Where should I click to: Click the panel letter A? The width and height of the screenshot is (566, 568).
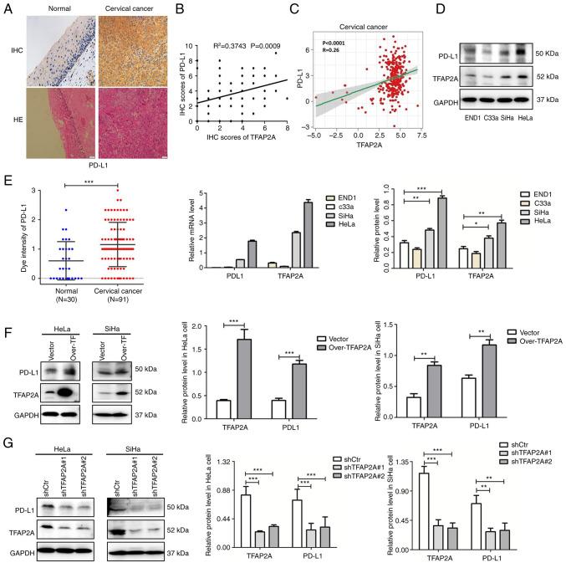[x=7, y=8]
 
